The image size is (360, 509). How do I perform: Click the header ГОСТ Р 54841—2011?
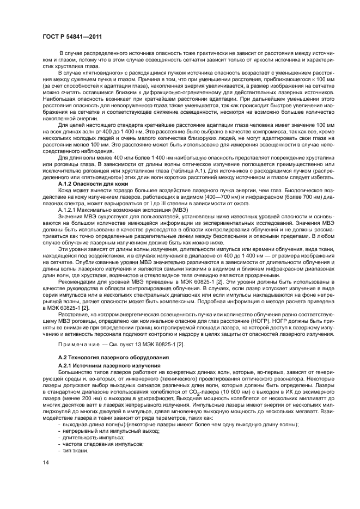(73, 36)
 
